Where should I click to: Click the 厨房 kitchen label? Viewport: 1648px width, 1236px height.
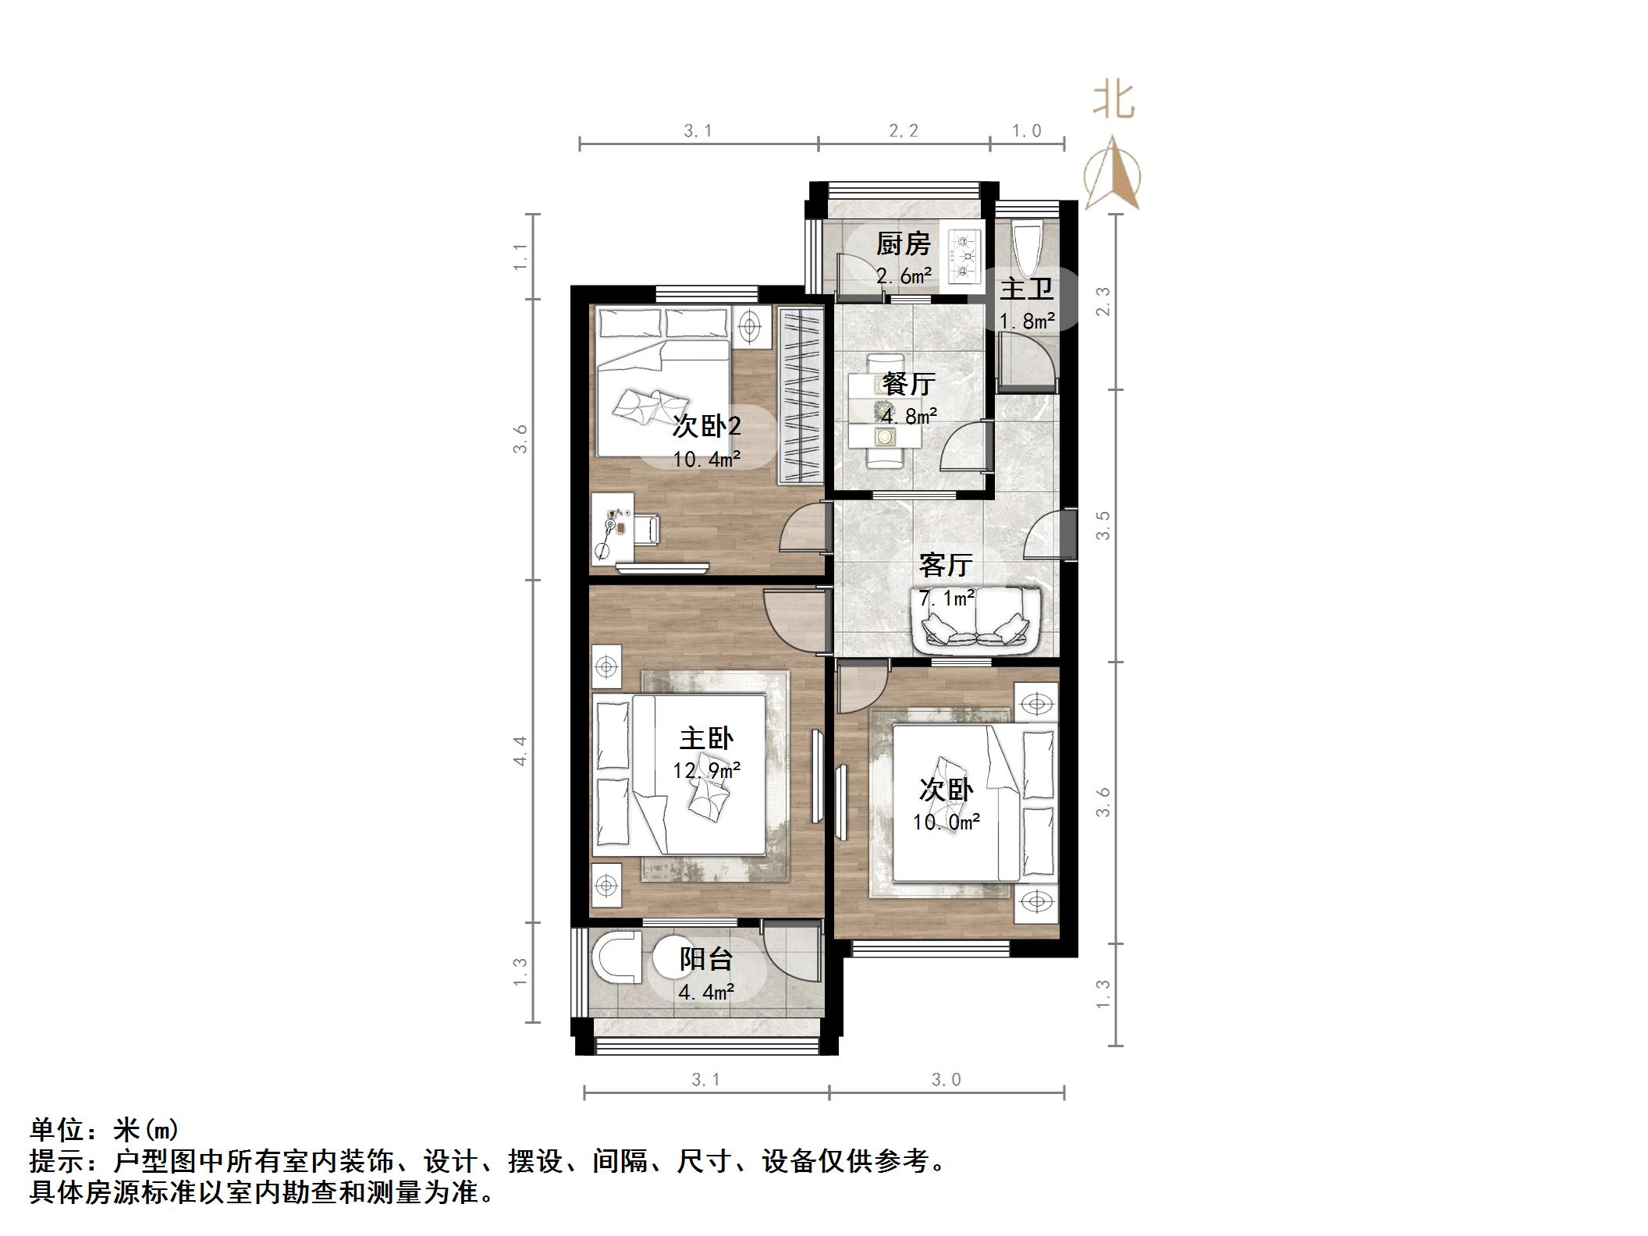pyautogui.click(x=903, y=244)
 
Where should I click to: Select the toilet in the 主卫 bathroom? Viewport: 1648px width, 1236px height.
pyautogui.click(x=1025, y=243)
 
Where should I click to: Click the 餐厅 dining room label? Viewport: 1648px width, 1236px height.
pyautogui.click(x=908, y=384)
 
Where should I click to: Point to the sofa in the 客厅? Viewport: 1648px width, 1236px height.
pyautogui.click(x=976, y=620)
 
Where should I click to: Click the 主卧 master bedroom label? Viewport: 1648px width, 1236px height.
pyautogui.click(x=706, y=738)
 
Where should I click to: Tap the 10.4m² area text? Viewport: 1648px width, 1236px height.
pyautogui.click(x=706, y=459)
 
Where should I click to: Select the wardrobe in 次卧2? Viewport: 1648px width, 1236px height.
pyautogui.click(x=801, y=396)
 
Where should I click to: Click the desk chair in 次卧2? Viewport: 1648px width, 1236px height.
pyautogui.click(x=647, y=528)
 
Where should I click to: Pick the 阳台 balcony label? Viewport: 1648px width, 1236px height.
pyautogui.click(x=706, y=959)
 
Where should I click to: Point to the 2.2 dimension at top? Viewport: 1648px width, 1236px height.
pyautogui.click(x=904, y=131)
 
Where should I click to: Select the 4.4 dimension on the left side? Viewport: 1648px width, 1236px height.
pyautogui.click(x=520, y=751)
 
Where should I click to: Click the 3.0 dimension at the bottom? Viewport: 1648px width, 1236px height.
pyautogui.click(x=946, y=1080)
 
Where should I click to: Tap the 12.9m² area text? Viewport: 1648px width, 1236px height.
pyautogui.click(x=706, y=771)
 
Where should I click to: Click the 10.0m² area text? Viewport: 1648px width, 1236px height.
pyautogui.click(x=947, y=822)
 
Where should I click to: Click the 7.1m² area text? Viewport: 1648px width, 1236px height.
pyautogui.click(x=947, y=598)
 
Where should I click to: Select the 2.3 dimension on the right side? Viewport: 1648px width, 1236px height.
pyautogui.click(x=1103, y=302)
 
